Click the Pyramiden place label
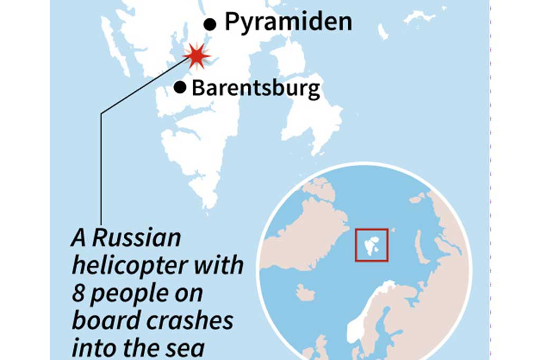point(288,22)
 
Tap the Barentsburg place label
point(256,88)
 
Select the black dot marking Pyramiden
point(210,24)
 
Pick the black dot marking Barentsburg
point(180,88)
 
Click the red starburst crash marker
point(197,56)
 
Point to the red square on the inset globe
point(372,244)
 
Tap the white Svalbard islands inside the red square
point(371,244)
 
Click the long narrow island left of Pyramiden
point(114,45)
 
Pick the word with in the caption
point(217,266)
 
